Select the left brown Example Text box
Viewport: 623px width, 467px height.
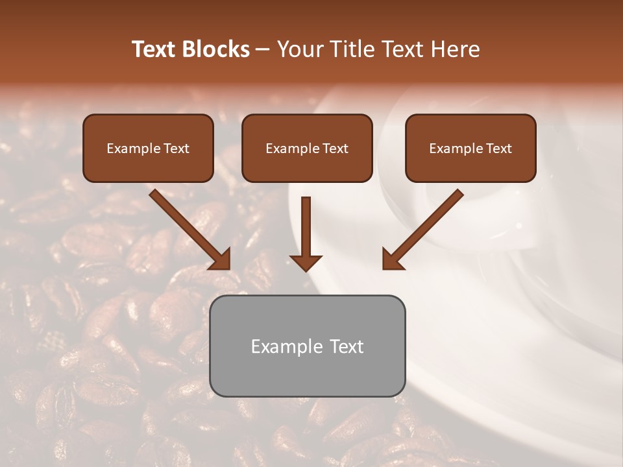(148, 148)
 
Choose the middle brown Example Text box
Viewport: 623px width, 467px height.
(307, 148)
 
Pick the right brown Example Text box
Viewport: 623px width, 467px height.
(470, 148)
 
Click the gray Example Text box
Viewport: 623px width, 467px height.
(307, 346)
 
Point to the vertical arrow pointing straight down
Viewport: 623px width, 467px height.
(306, 230)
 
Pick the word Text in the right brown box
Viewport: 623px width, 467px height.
(498, 149)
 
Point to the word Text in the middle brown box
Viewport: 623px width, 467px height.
(335, 149)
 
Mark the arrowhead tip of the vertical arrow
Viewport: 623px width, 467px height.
(306, 269)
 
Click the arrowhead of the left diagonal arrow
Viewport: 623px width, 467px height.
(221, 259)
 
